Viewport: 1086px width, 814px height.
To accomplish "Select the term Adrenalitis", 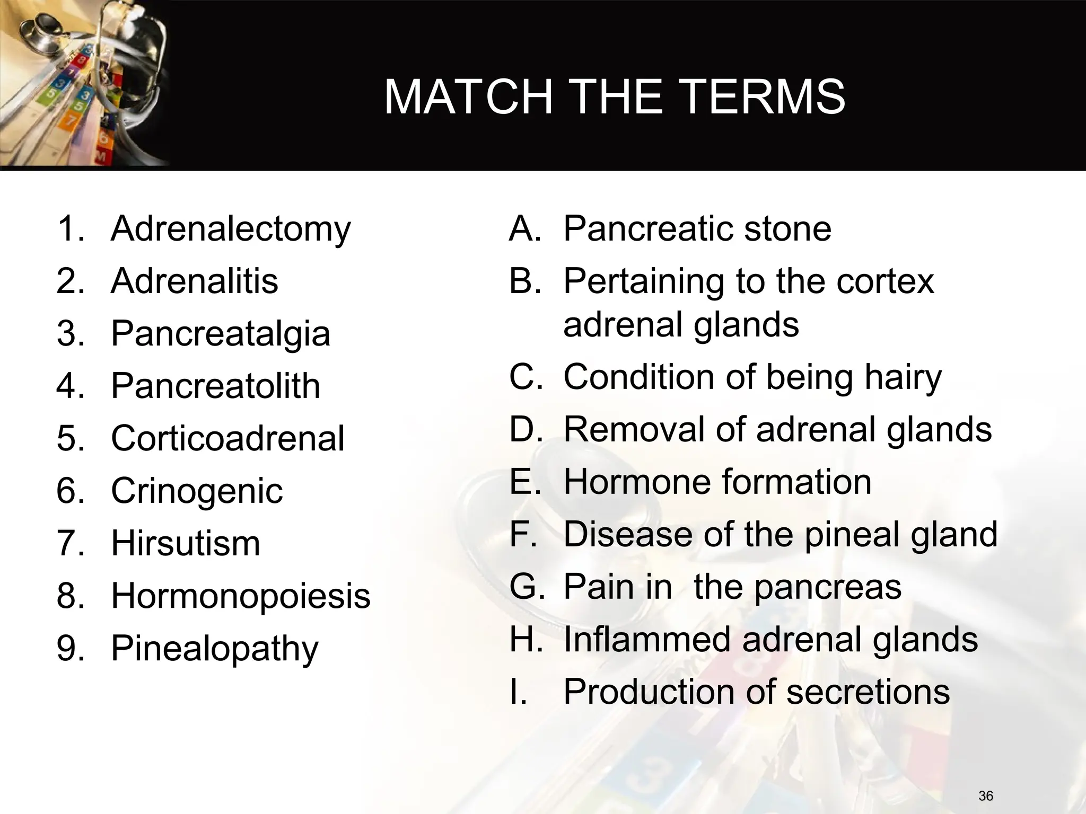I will [194, 281].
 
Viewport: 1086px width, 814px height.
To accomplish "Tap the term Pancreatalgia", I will [220, 334].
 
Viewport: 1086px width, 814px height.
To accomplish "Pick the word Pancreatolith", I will [215, 386].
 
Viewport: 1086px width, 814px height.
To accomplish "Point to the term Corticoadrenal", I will [227, 438].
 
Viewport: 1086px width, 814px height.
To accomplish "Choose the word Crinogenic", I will [197, 491].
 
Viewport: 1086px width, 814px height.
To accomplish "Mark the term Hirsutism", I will [186, 543].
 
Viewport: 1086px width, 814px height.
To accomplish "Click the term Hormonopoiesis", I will [240, 596].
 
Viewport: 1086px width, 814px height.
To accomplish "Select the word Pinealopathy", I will [215, 649].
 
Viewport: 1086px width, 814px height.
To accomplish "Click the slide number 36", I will [986, 795].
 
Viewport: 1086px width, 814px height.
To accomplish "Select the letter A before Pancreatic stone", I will [524, 229].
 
